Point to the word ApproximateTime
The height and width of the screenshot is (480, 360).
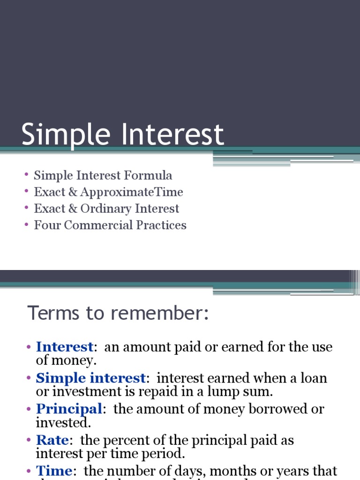click(132, 192)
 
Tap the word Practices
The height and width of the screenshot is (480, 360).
click(161, 225)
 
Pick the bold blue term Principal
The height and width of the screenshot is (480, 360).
click(69, 409)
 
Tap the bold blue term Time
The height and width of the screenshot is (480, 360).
click(54, 470)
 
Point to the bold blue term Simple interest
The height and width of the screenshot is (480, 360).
click(91, 378)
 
